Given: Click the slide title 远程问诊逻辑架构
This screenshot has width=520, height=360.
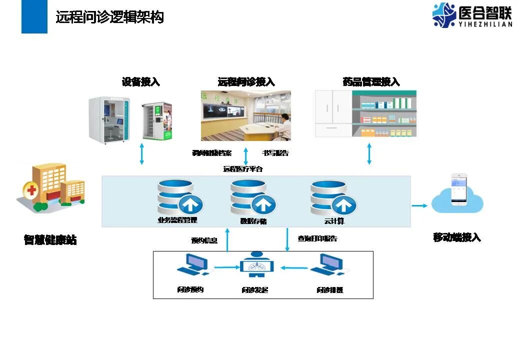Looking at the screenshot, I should point(109,17).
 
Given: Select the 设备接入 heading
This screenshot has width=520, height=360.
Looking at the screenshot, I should point(141,82).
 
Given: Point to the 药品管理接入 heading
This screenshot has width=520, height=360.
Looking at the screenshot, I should point(371,82).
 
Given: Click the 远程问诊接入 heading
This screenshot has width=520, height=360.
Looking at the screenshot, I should point(246,82).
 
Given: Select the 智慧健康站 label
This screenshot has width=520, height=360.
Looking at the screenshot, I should point(50,240).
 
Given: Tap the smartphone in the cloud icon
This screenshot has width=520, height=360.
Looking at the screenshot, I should point(459,190).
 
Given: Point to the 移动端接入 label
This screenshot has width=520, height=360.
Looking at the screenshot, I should point(457,237).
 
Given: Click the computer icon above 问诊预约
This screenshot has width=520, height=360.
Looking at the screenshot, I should point(192,264).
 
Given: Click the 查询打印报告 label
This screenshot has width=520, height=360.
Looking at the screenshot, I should point(317,238).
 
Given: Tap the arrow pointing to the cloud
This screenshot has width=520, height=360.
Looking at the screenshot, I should point(420,205).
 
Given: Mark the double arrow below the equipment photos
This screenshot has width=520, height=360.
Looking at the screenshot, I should point(142,153).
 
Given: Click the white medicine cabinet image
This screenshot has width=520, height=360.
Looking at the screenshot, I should point(333,113).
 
